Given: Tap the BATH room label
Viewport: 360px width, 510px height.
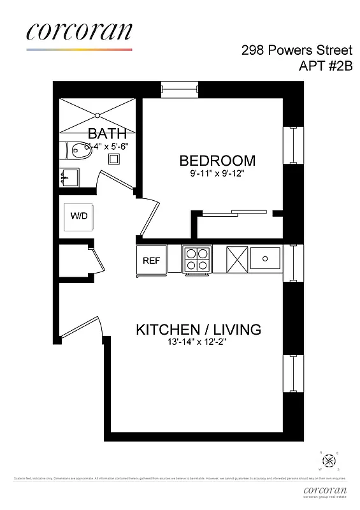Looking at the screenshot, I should [107, 133].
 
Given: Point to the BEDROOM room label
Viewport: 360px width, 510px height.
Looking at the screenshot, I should [217, 161].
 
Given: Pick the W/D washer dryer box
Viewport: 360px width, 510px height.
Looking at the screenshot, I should [79, 216].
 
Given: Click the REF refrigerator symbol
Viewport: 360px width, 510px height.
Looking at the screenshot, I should [151, 260].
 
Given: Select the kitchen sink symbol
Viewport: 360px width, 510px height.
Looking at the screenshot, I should [264, 258].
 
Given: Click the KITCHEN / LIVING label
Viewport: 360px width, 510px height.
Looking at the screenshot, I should [198, 330].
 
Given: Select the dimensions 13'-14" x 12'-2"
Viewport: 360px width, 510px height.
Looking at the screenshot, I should [198, 342].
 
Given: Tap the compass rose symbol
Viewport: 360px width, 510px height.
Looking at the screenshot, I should [329, 460].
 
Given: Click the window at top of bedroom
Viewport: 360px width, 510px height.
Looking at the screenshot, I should [180, 90].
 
